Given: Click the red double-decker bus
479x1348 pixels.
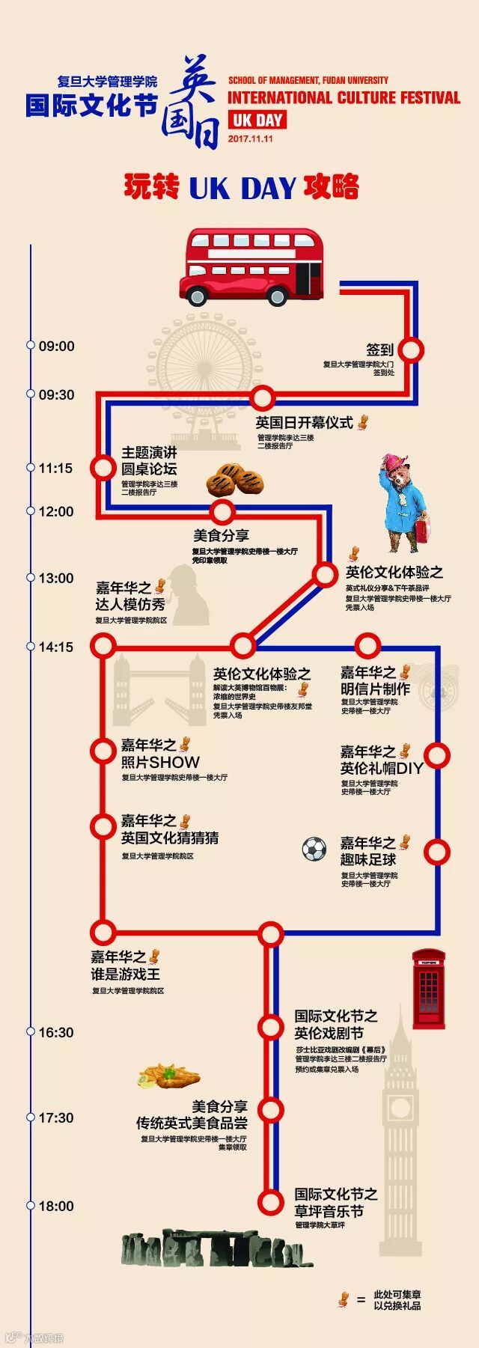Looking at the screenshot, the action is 251,266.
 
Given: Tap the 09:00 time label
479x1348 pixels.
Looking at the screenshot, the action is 57,347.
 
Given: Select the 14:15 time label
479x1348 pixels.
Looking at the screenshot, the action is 57,647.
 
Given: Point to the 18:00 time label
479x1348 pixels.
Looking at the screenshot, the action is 57,1206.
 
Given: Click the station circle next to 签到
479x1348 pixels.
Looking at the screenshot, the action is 411,350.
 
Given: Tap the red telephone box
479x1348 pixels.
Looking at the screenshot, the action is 429,989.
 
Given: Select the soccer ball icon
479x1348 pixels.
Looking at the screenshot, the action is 314,849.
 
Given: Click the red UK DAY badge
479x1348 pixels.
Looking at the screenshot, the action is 257,120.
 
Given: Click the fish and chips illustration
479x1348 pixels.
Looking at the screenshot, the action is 168,1076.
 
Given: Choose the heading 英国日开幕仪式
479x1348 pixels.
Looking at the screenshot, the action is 304,423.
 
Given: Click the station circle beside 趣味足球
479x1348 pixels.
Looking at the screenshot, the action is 436,852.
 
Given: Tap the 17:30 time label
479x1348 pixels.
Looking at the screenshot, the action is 57,1117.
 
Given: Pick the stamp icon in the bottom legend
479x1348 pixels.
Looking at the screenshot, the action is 344,1299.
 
